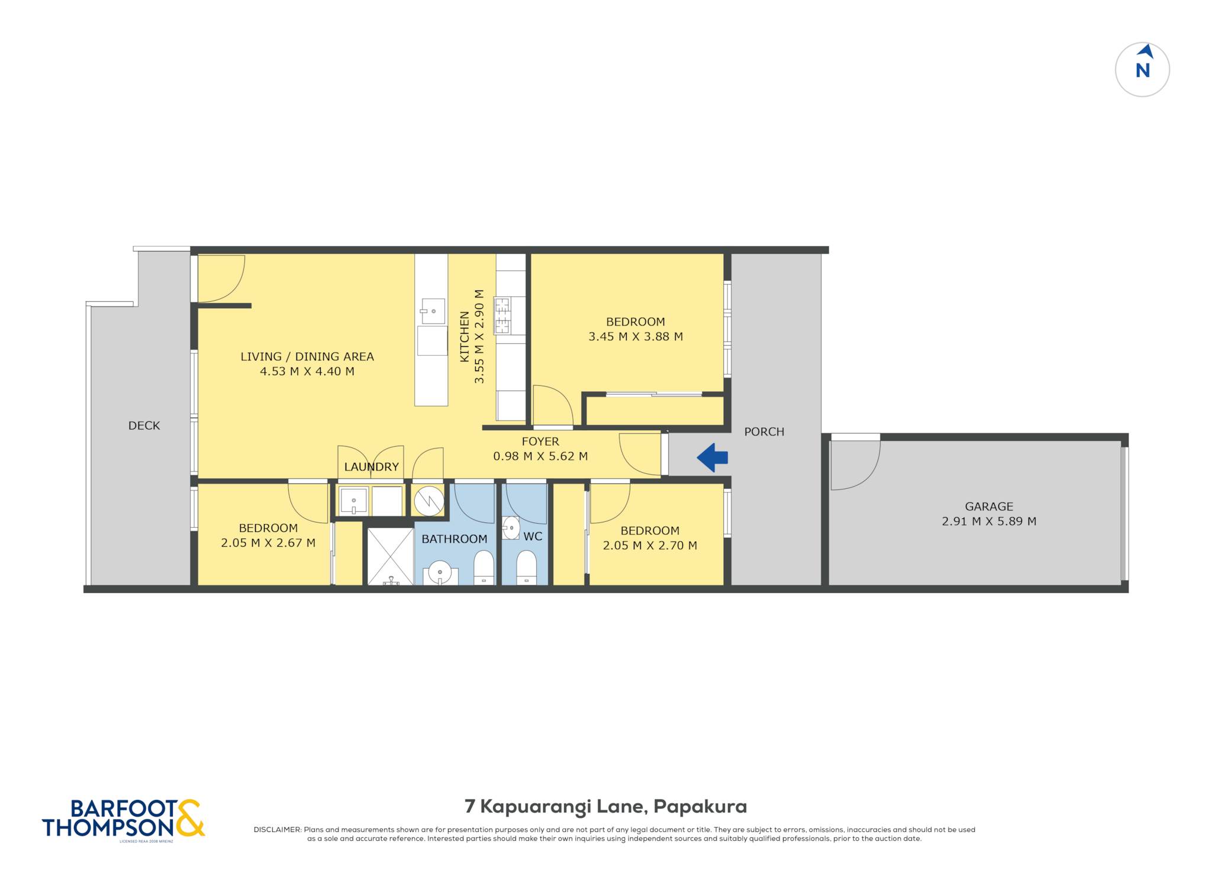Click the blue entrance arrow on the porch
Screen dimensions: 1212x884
[x=712, y=457]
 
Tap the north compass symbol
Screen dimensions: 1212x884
[x=1142, y=69]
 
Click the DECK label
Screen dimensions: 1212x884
[x=144, y=425]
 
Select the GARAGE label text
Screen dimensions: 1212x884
[x=989, y=506]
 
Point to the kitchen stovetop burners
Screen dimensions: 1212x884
[x=502, y=315]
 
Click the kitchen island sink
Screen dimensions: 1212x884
[x=433, y=311]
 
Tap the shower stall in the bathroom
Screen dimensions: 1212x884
[x=391, y=557]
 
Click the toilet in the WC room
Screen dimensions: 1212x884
[x=526, y=567]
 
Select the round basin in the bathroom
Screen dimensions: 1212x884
[x=440, y=572]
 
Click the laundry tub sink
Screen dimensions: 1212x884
[x=354, y=501]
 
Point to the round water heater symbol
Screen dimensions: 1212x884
[x=429, y=501]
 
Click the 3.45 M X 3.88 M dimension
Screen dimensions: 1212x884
[x=636, y=337]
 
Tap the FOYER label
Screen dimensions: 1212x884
[x=540, y=441]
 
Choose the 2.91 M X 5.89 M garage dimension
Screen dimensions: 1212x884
[x=989, y=521]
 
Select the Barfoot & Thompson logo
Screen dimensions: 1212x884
[x=123, y=820]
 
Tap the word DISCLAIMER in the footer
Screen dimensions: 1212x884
[x=277, y=830]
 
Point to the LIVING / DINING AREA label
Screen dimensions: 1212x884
[x=307, y=357]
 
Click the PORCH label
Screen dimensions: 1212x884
[x=764, y=432]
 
